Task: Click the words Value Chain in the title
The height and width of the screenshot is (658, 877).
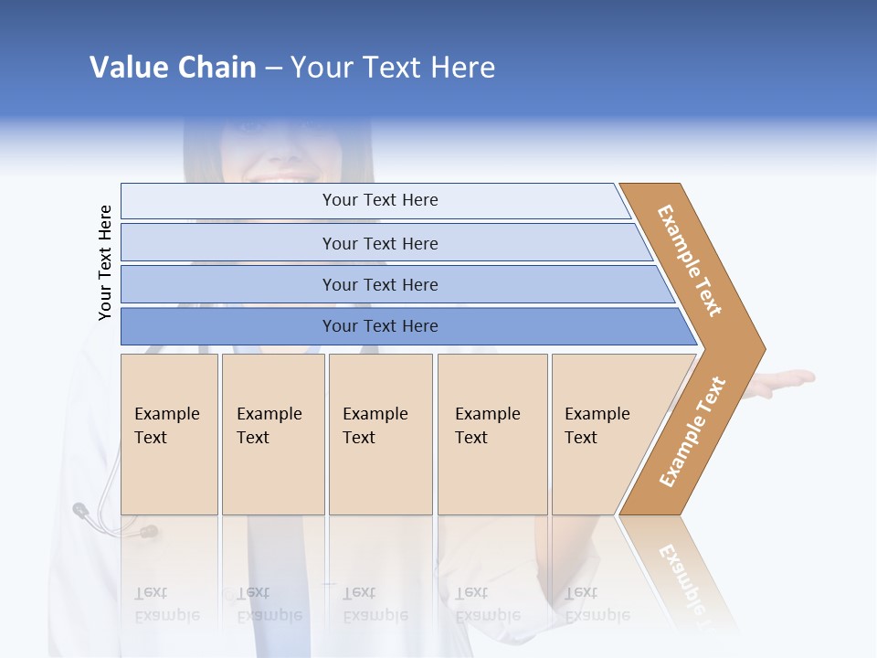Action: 173,68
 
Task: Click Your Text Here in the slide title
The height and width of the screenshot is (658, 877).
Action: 393,68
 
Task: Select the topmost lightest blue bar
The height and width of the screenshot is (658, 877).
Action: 379,200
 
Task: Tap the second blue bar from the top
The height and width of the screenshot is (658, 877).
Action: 379,243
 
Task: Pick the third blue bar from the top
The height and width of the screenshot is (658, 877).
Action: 379,284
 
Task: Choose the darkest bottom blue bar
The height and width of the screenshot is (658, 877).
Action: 379,326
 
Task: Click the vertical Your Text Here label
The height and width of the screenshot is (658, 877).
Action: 106,262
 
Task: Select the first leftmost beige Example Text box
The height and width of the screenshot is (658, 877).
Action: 169,434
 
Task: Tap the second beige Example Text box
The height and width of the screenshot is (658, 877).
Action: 272,434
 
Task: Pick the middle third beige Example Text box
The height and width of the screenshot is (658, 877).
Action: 380,434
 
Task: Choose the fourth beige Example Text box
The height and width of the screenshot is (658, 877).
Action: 492,434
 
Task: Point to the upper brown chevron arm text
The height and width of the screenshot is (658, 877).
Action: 690,260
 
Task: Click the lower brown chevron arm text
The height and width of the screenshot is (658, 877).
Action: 692,431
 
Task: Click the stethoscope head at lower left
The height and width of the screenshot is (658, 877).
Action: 81,510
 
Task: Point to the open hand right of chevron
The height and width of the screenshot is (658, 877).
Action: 786,381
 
